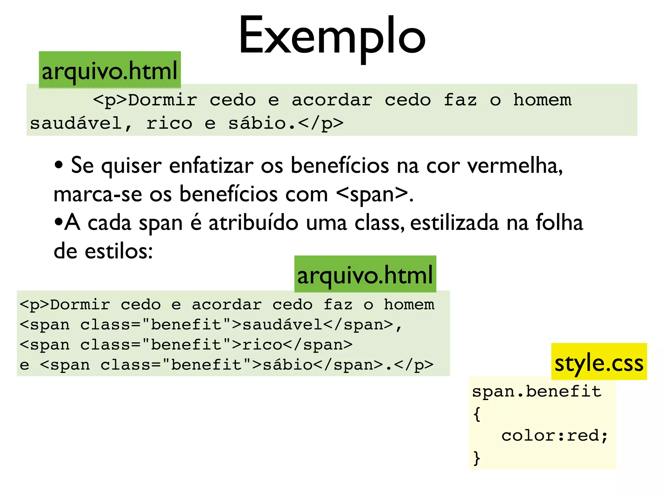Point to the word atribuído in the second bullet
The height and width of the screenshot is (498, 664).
tap(253, 223)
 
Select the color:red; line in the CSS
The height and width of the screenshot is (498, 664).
tap(554, 435)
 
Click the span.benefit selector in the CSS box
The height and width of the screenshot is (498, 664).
tap(537, 391)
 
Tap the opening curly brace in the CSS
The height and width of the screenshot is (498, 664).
tap(477, 414)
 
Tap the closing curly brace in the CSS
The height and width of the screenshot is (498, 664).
tap(477, 458)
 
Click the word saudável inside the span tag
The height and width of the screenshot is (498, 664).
tap(282, 325)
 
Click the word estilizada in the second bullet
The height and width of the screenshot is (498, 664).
tap(454, 223)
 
